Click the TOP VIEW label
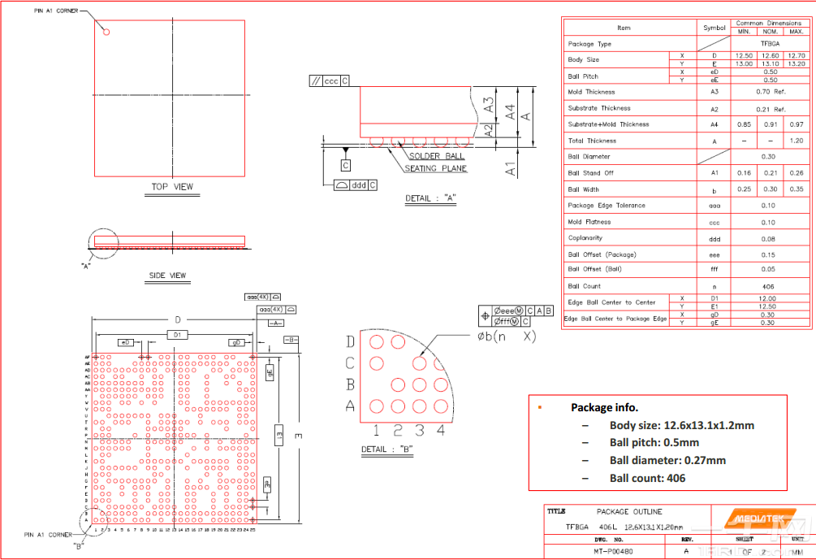pos(173,187)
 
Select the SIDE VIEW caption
pos(168,276)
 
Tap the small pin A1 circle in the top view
pos(106,33)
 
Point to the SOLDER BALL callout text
pos(436,156)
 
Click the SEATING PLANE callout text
pos(436,168)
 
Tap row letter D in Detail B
pos(350,341)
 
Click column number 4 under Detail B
pos(441,431)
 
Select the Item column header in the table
pos(623,28)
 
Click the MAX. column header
pos(796,32)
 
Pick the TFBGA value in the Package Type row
pos(770,44)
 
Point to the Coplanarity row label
pos(585,238)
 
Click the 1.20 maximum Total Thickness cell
pos(796,141)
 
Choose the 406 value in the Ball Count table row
pos(769,286)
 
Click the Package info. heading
pos(604,407)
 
